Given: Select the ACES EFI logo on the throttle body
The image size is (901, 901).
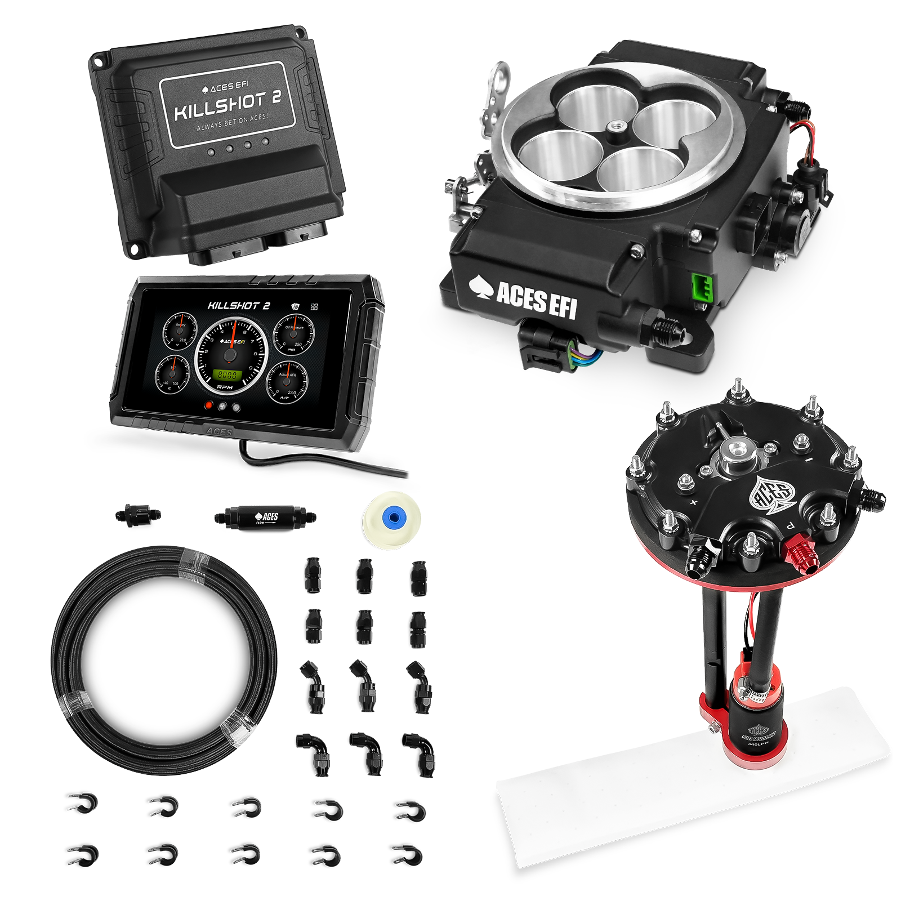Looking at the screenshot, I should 524,296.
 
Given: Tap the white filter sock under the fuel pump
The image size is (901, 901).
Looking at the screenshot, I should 693,783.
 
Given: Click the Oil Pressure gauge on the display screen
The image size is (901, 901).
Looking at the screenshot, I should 295,336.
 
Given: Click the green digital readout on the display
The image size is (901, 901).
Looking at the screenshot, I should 228,375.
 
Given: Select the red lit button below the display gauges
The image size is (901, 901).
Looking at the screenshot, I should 209,405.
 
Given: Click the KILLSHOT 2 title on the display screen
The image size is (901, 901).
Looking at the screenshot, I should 239,306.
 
